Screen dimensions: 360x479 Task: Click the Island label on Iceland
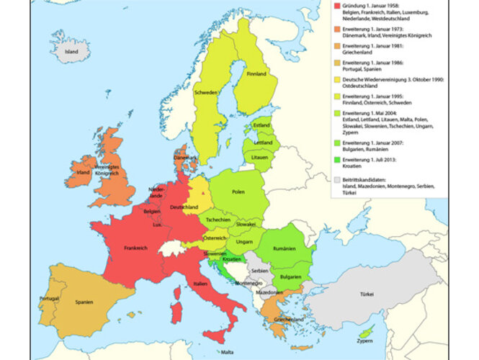pyautogui.click(x=71, y=52)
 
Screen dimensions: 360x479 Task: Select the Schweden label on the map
pyautogui.click(x=205, y=93)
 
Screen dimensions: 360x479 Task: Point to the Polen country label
pyautogui.click(x=238, y=193)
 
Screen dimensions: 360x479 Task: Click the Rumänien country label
pyautogui.click(x=285, y=248)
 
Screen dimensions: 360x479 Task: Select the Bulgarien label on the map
pyautogui.click(x=290, y=276)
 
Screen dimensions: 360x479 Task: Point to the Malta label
pyautogui.click(x=228, y=352)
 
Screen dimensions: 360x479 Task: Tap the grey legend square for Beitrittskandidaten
pyautogui.click(x=336, y=179)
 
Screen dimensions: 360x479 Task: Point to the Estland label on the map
pyautogui.click(x=261, y=125)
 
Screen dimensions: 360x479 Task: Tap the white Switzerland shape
pyautogui.click(x=170, y=248)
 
